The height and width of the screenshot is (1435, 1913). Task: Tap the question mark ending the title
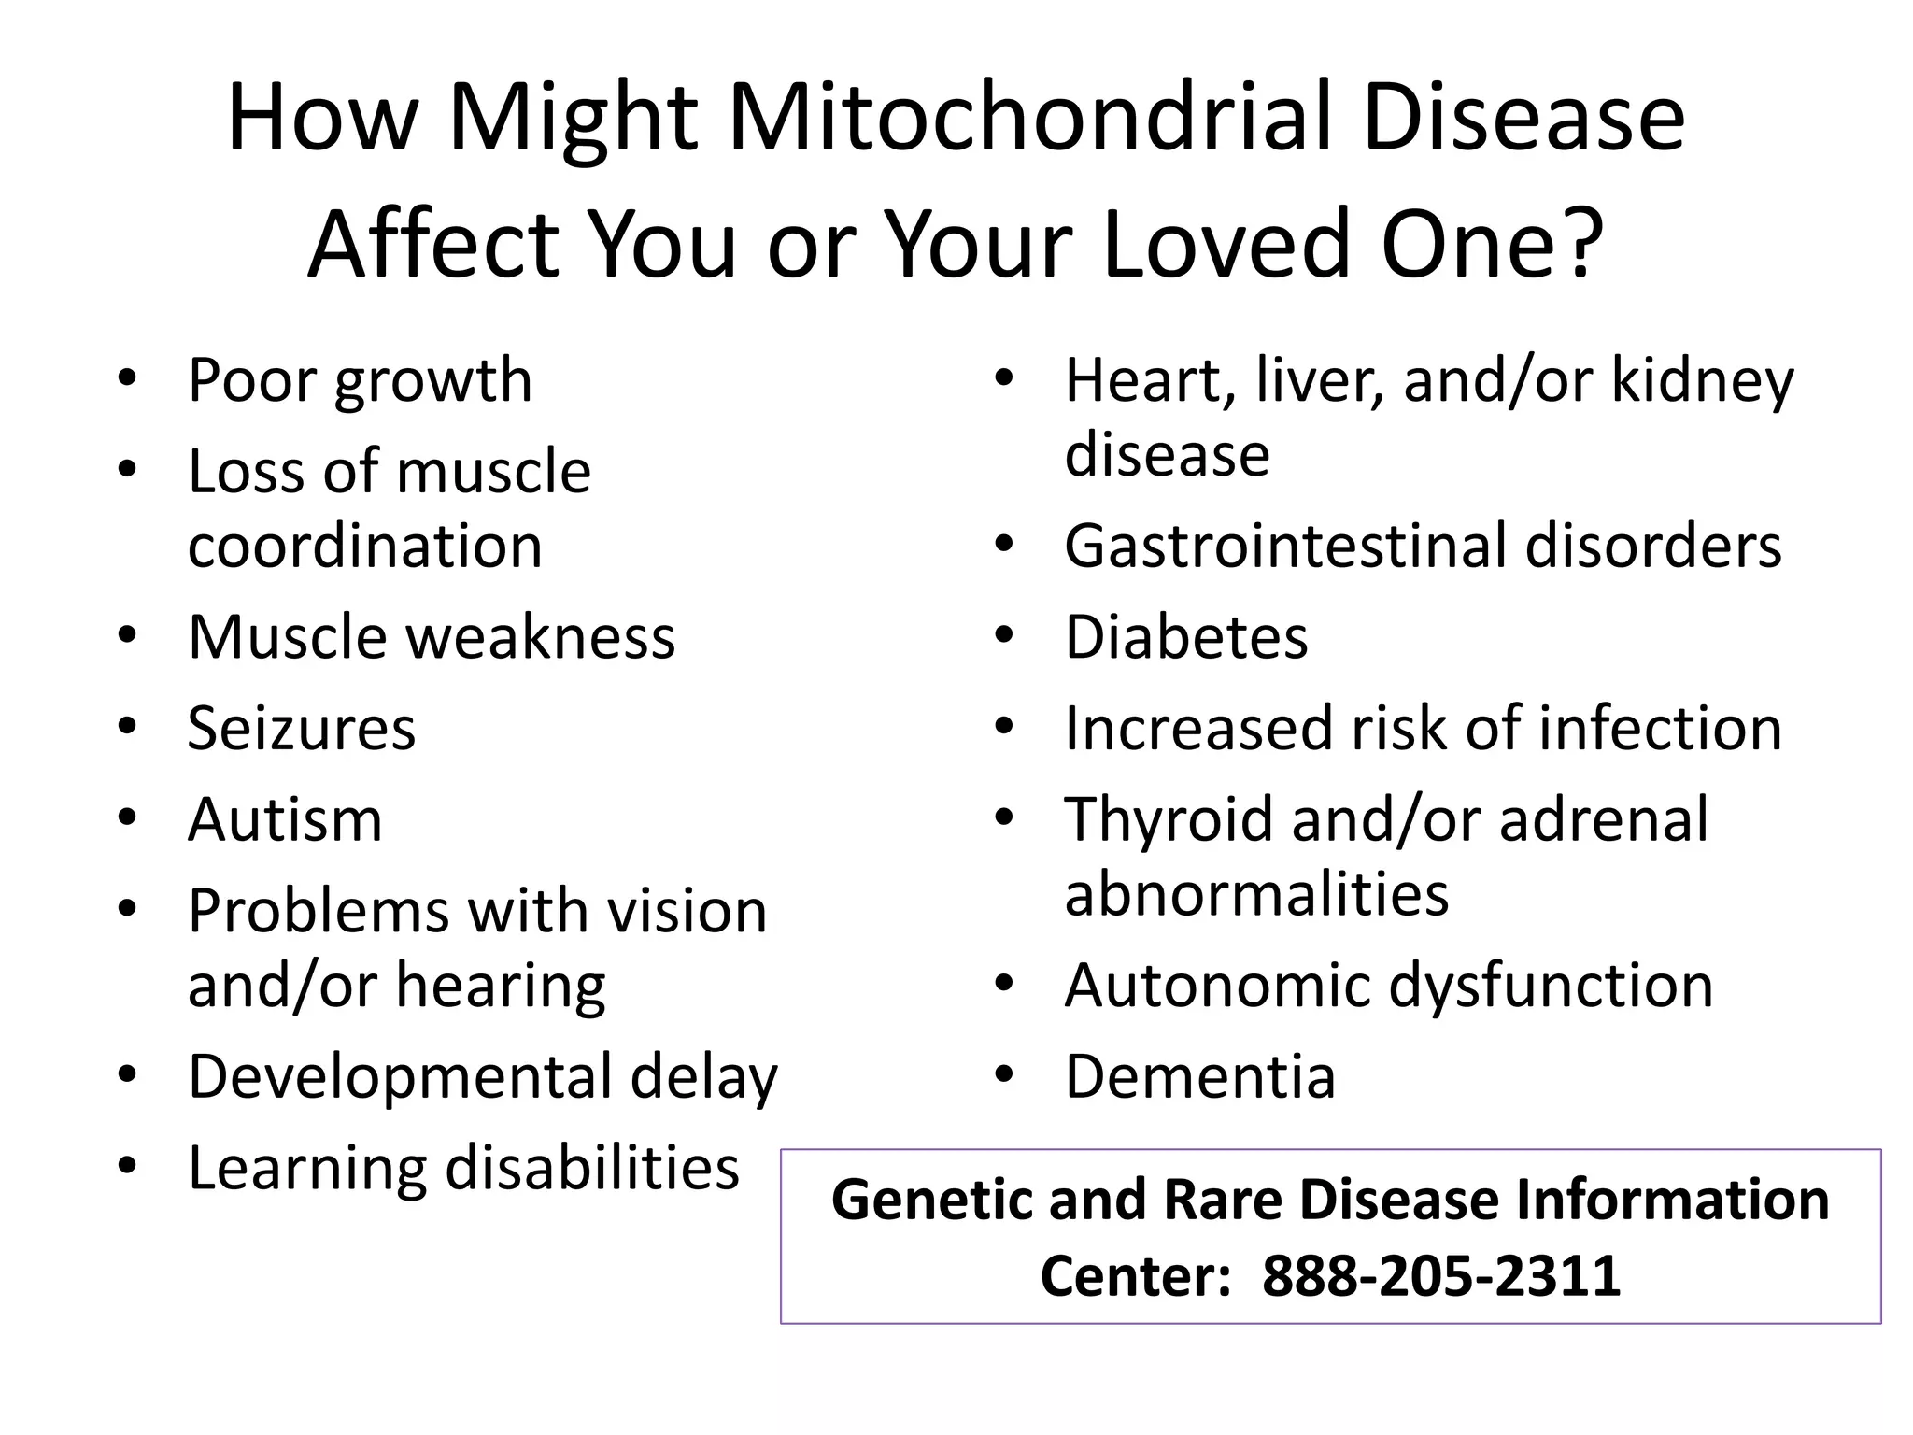click(x=1580, y=245)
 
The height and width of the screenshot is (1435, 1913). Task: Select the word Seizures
click(x=301, y=729)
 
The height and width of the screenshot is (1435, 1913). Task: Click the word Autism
click(x=285, y=820)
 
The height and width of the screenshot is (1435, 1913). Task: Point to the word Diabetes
click(x=1186, y=638)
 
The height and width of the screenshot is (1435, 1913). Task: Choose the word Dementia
click(x=1200, y=1077)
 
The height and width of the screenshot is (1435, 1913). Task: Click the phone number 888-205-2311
click(x=1440, y=1276)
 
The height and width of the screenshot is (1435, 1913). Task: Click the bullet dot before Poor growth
click(x=128, y=380)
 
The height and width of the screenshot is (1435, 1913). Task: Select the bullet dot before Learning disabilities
click(x=128, y=1167)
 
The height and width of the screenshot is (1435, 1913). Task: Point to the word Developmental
click(x=400, y=1077)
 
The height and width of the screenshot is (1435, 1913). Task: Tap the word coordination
click(x=364, y=547)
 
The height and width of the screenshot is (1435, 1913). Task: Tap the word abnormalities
click(x=1256, y=894)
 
